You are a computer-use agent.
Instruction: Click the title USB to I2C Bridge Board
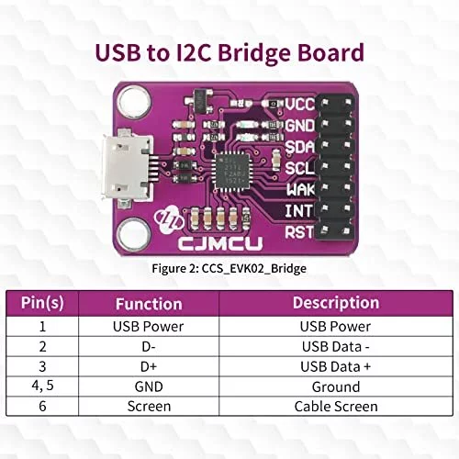(229, 53)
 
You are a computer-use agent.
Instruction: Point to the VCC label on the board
(299, 106)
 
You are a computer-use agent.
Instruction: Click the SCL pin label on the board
(299, 169)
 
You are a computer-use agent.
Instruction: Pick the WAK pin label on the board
(299, 190)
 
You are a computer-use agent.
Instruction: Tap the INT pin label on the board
(299, 211)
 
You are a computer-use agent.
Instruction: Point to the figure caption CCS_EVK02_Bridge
(229, 269)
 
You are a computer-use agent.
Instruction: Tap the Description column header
(335, 303)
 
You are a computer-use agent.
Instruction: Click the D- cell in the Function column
(149, 347)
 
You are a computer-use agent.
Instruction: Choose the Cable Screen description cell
(335, 407)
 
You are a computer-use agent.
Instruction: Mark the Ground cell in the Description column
(335, 386)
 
